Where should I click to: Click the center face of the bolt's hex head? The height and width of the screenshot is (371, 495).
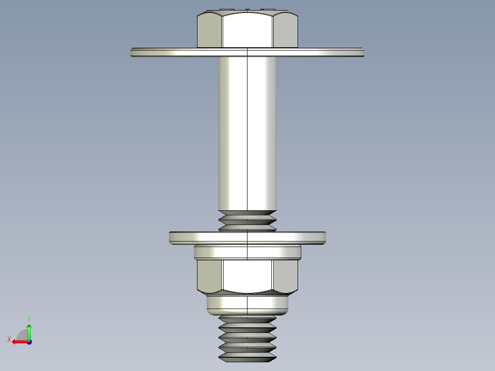248,30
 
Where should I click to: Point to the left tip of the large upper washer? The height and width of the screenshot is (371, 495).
133,52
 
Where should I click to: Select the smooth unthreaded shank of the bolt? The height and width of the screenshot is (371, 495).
247,133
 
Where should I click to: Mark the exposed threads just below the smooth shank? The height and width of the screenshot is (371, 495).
247,220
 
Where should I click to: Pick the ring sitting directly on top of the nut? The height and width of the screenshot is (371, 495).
247,252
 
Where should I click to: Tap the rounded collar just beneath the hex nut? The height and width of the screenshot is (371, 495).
247,304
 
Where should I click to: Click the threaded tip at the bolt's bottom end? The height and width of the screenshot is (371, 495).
247,337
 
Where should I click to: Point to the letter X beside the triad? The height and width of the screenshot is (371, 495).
9,339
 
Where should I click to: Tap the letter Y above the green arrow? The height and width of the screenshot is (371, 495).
28,319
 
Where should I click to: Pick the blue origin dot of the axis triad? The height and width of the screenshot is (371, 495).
29,342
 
